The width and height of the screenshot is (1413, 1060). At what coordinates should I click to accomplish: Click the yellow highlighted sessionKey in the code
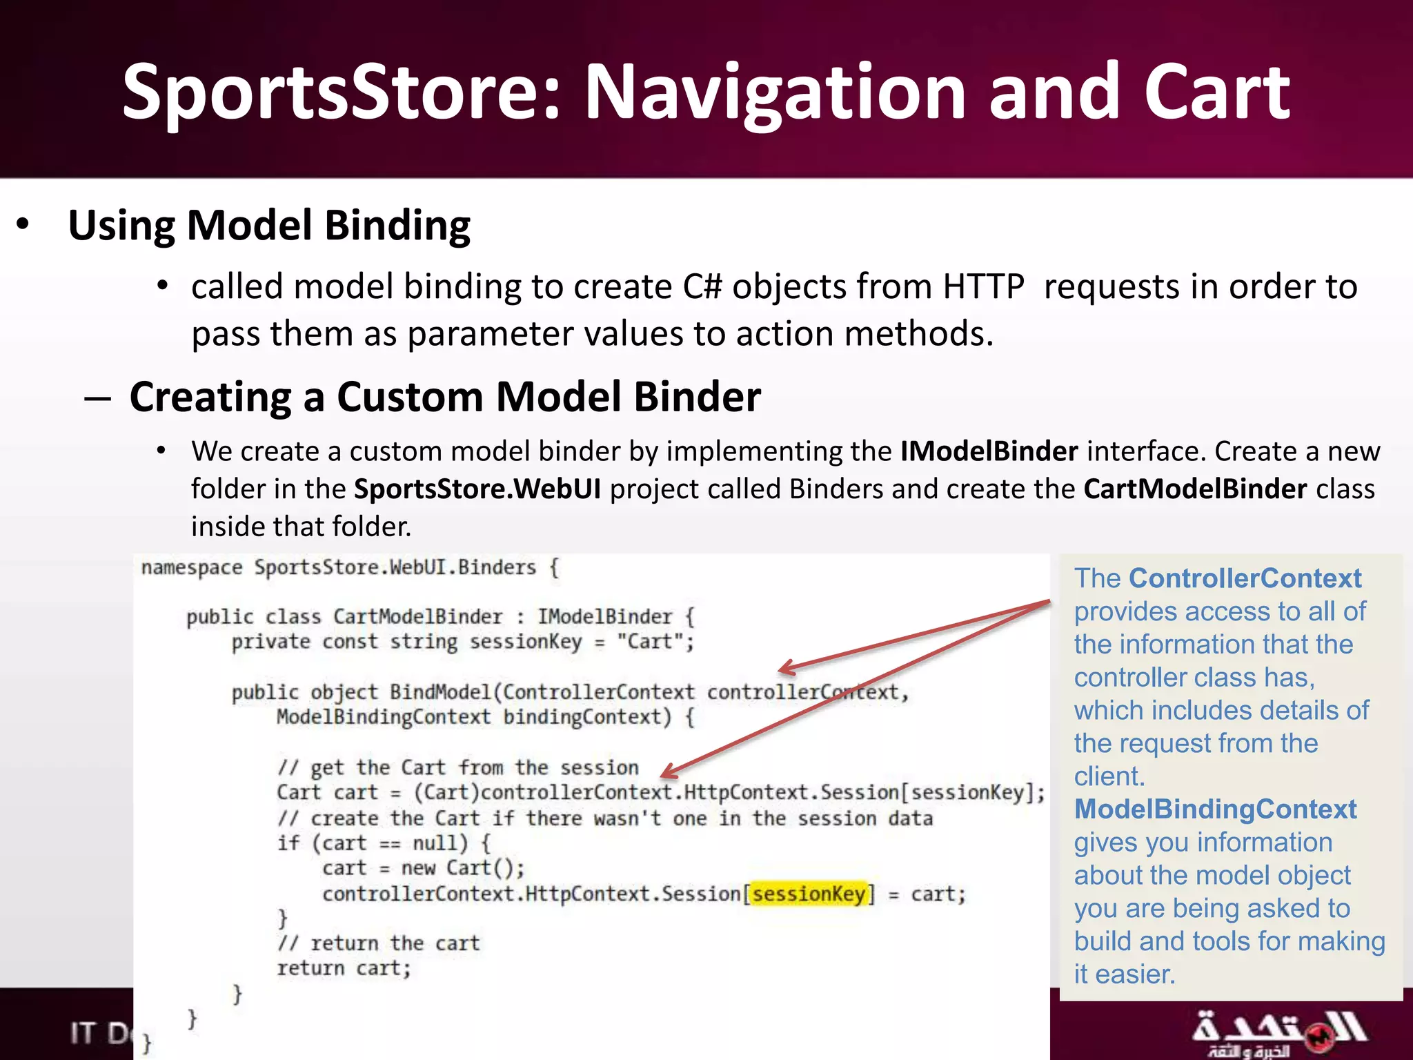click(x=809, y=894)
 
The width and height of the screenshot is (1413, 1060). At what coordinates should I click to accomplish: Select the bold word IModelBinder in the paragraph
click(x=989, y=451)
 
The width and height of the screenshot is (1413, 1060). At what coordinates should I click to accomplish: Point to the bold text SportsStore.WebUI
click(x=477, y=489)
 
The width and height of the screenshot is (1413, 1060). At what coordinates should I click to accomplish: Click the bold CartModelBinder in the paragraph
click(x=1195, y=489)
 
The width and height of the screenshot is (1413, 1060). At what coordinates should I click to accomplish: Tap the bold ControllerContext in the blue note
click(x=1245, y=578)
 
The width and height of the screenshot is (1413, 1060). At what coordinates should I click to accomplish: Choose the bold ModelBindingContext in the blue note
click(x=1215, y=809)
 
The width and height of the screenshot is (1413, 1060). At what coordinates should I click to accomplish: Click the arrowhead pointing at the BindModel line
click(x=785, y=668)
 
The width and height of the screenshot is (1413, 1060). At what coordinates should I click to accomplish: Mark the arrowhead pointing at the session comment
click(x=667, y=774)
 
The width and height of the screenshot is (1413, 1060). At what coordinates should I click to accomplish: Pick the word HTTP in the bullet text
click(x=983, y=286)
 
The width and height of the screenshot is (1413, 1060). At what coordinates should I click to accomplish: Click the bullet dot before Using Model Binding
click(x=23, y=224)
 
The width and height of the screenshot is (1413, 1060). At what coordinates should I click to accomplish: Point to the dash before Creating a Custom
click(x=97, y=398)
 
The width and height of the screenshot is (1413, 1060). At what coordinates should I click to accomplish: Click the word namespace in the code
click(x=192, y=568)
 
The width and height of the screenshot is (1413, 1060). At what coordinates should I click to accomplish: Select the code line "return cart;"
click(x=344, y=969)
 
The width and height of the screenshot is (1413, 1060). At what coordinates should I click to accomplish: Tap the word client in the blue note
click(x=1108, y=777)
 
